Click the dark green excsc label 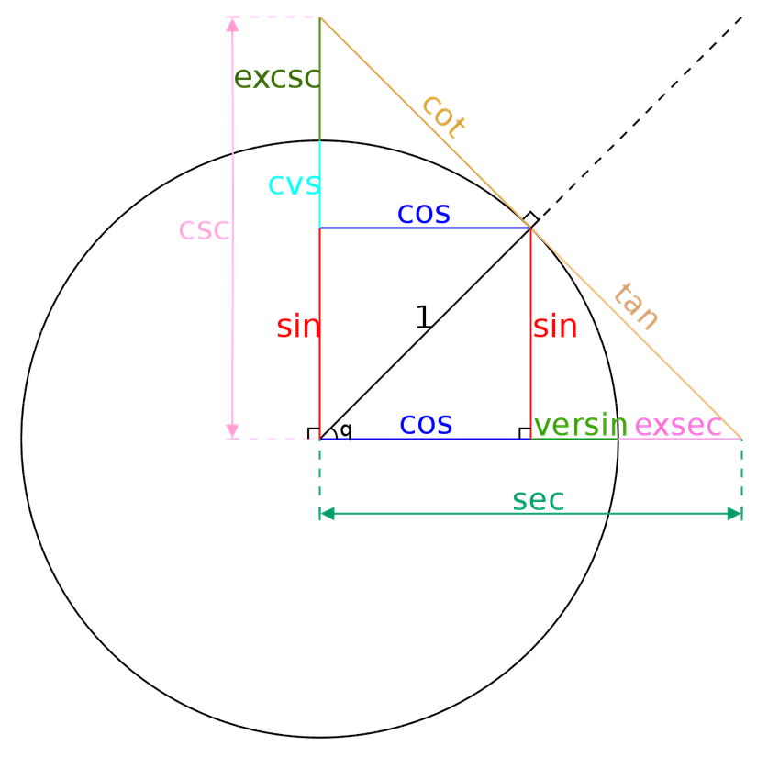tap(276, 78)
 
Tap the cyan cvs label tap(293, 184)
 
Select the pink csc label tap(203, 229)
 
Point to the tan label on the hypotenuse tap(636, 306)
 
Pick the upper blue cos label tap(423, 213)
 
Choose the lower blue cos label tap(426, 423)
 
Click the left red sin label tap(296, 327)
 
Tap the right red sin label tap(555, 326)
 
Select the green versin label tap(581, 426)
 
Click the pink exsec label tap(677, 426)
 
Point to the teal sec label tap(538, 499)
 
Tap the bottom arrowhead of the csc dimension tap(232, 430)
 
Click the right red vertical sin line tap(531, 376)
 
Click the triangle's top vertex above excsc tap(319, 17)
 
